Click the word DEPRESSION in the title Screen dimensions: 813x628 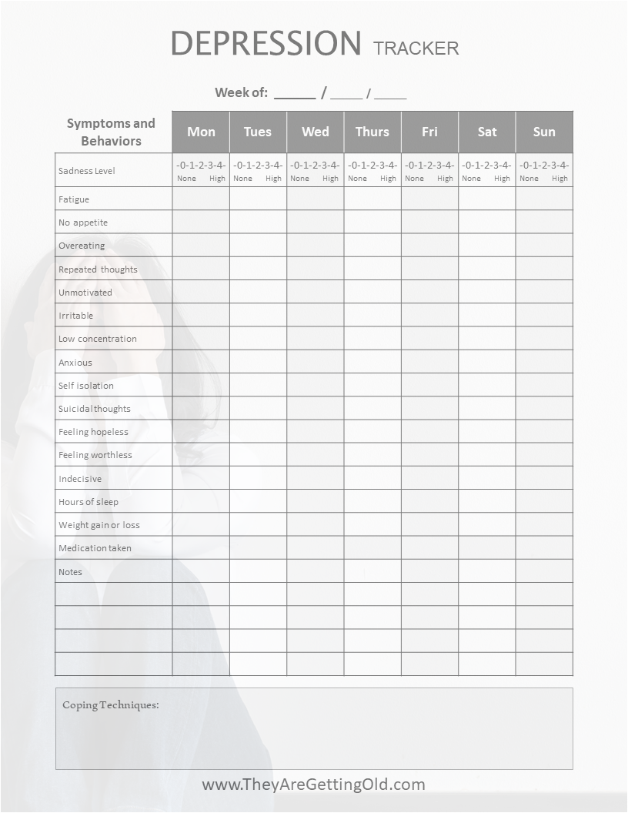(266, 43)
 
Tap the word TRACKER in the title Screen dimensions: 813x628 (416, 48)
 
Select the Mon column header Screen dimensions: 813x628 (201, 132)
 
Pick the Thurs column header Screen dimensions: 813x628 (372, 132)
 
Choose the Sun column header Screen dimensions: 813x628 (544, 132)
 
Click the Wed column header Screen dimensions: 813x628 (316, 132)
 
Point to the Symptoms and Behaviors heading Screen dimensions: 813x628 (111, 132)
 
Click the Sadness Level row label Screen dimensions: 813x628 (87, 171)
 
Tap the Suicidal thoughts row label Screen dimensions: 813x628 (95, 409)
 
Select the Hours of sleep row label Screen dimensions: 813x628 (89, 502)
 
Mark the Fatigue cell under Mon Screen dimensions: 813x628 (201, 199)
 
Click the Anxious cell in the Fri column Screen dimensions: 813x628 (429, 362)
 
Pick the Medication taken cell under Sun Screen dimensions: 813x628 (544, 548)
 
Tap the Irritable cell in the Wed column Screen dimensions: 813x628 (316, 315)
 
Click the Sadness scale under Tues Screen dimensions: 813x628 (258, 169)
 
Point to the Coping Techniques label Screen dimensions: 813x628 (111, 704)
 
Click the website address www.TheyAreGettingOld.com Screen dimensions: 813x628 (313, 785)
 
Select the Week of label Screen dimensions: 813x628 (241, 92)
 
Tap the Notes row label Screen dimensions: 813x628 (70, 572)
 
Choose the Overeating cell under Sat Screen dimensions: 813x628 (487, 245)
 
